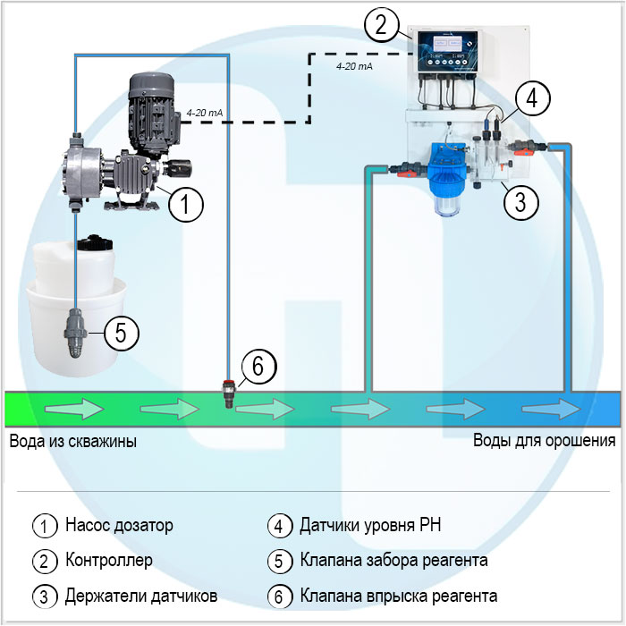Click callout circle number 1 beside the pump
[185, 205]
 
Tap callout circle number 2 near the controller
[381, 24]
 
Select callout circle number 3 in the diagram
[520, 200]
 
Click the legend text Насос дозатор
[119, 525]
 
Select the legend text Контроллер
[108, 561]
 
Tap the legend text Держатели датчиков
[140, 596]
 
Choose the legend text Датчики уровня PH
[370, 525]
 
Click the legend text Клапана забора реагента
[393, 561]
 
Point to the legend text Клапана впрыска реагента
[399, 596]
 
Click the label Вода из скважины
[73, 441]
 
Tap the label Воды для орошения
[544, 440]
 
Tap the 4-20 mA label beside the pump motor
[204, 113]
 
